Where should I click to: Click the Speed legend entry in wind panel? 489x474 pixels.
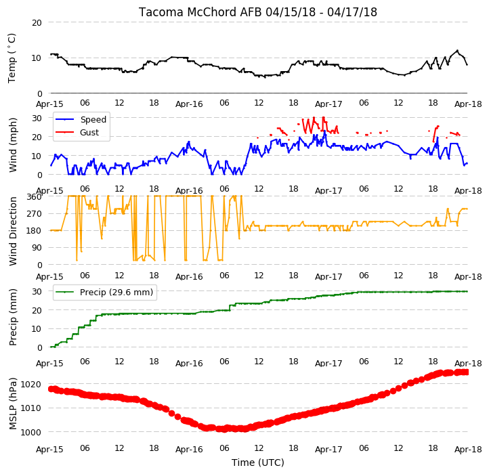[x=93, y=119]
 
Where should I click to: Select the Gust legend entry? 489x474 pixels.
[x=89, y=132]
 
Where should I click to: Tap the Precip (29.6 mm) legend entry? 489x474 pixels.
[x=116, y=293]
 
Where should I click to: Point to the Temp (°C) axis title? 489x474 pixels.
[x=12, y=58]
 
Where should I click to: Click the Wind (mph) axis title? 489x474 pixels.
[x=12, y=145]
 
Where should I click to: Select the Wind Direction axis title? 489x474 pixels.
[x=12, y=231]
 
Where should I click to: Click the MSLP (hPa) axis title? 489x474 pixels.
[x=12, y=404]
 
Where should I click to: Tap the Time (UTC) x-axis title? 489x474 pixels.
[x=258, y=462]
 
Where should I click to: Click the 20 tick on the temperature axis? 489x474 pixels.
[x=37, y=22]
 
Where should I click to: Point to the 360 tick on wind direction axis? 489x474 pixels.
[x=35, y=197]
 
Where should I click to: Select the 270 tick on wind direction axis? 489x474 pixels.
[x=35, y=213]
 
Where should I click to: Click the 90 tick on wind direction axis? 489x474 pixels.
[x=37, y=248]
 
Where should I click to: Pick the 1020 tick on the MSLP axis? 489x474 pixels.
[x=31, y=384]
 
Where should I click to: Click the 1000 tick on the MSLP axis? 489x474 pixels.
[x=31, y=432]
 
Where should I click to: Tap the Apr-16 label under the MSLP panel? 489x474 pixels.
[x=189, y=450]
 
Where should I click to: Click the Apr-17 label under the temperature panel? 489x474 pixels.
[x=328, y=104]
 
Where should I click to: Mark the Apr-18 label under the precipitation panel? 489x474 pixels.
[x=468, y=364]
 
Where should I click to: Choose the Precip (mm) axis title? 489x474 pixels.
[x=12, y=317]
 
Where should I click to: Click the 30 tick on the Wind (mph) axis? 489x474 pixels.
[x=37, y=118]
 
